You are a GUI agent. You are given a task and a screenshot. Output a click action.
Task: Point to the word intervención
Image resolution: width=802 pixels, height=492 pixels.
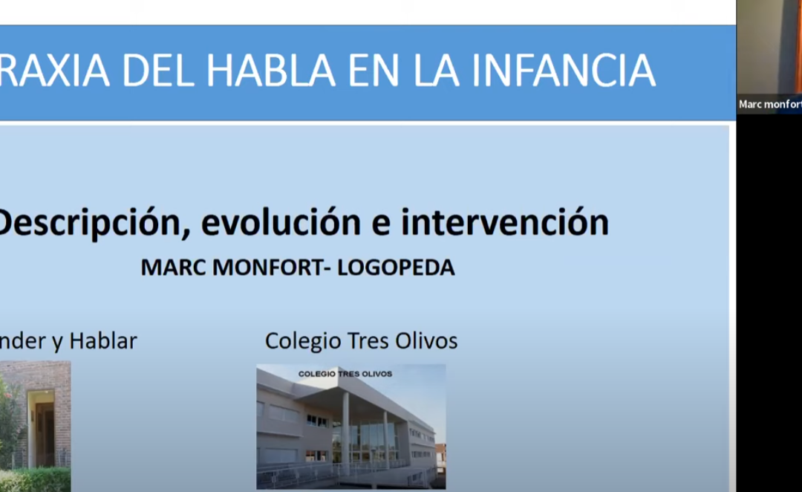pos(505,223)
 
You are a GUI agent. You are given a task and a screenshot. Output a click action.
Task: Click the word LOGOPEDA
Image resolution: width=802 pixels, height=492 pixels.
pos(396,268)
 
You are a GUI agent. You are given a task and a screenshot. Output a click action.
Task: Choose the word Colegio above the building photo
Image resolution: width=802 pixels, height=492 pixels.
pos(301,341)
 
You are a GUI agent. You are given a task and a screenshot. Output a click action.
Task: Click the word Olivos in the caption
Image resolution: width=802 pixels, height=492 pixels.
pos(426,341)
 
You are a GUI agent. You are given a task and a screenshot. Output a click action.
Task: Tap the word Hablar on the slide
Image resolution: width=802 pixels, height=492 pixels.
pos(103,341)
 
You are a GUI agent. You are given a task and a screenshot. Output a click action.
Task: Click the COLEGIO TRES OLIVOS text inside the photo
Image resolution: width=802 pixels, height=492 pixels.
pos(345,374)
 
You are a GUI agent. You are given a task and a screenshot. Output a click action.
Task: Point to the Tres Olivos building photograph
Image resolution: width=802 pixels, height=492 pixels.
pos(351,427)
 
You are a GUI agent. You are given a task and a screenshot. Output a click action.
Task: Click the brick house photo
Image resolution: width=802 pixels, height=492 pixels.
pos(35,426)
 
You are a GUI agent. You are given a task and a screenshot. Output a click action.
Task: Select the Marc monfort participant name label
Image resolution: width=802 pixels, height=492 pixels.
pos(769,104)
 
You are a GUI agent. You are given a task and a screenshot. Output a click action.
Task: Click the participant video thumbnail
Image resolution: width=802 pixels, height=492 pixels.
pos(769,48)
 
